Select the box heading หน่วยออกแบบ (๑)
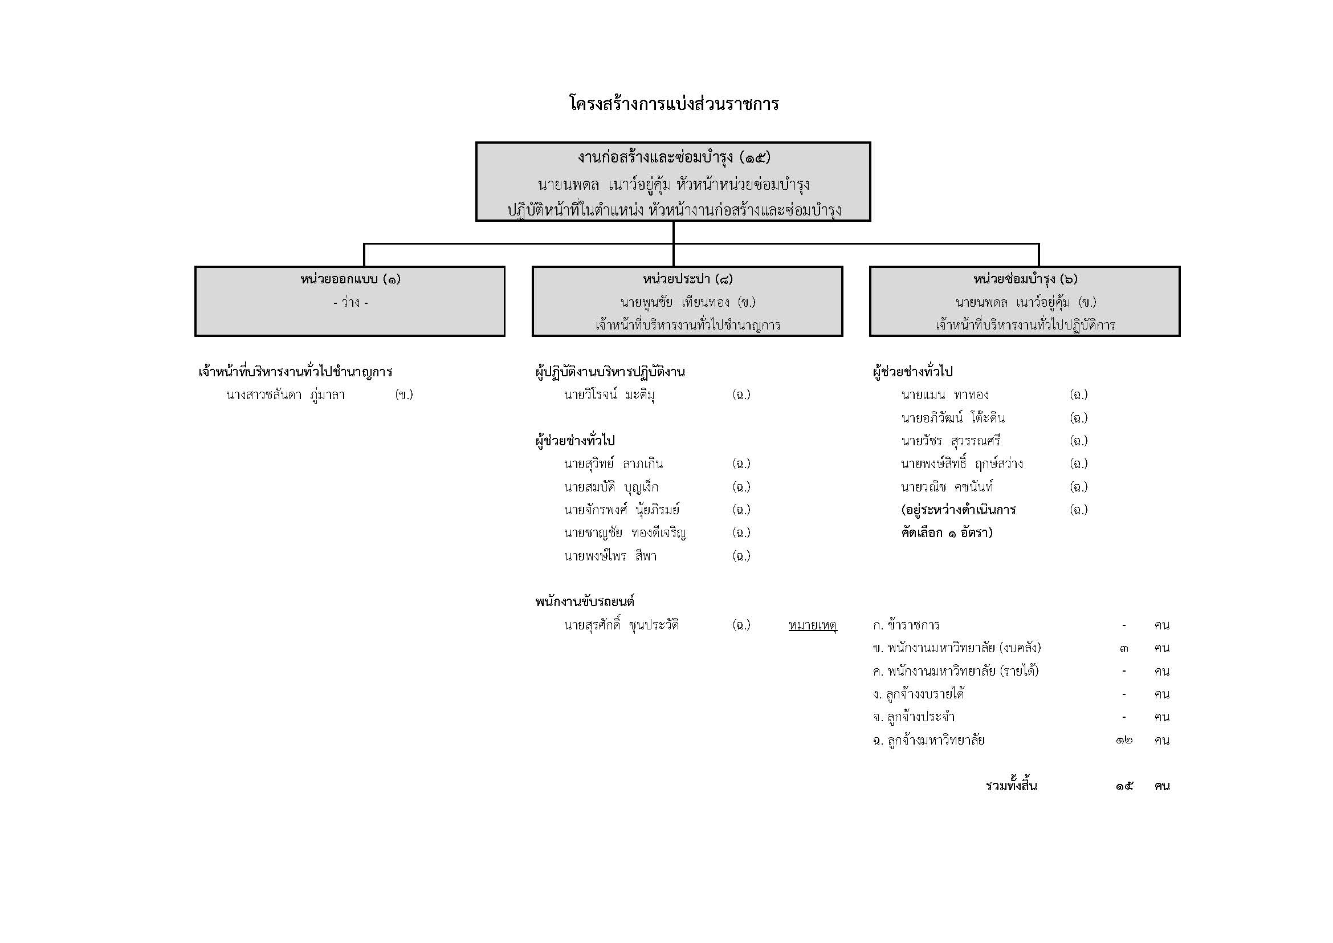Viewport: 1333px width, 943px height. (350, 279)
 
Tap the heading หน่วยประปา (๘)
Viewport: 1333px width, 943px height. (687, 279)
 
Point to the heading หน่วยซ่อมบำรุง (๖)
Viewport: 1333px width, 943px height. (1025, 279)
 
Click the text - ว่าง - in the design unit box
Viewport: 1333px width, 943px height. (350, 303)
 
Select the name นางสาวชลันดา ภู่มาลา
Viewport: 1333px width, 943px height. (286, 395)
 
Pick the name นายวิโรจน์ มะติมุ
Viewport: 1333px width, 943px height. (609, 395)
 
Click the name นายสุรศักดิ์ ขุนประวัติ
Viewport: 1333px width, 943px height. (621, 625)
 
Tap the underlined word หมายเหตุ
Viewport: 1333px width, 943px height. (813, 625)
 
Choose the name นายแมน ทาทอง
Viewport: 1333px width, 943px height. (944, 395)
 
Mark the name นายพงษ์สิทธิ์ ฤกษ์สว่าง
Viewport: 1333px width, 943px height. (961, 464)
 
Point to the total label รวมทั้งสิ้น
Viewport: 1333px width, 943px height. (1012, 786)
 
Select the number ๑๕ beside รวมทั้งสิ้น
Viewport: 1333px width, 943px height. (1124, 786)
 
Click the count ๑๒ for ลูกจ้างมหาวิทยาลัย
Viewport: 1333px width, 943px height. (1124, 741)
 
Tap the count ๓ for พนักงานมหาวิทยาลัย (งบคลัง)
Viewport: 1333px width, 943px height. (1124, 648)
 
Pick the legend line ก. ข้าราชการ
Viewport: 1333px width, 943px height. (906, 625)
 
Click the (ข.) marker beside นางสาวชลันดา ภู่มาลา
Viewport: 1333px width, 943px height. (403, 395)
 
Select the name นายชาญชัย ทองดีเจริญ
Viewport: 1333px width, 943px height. (625, 533)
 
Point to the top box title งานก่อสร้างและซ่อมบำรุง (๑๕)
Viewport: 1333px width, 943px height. (674, 157)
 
